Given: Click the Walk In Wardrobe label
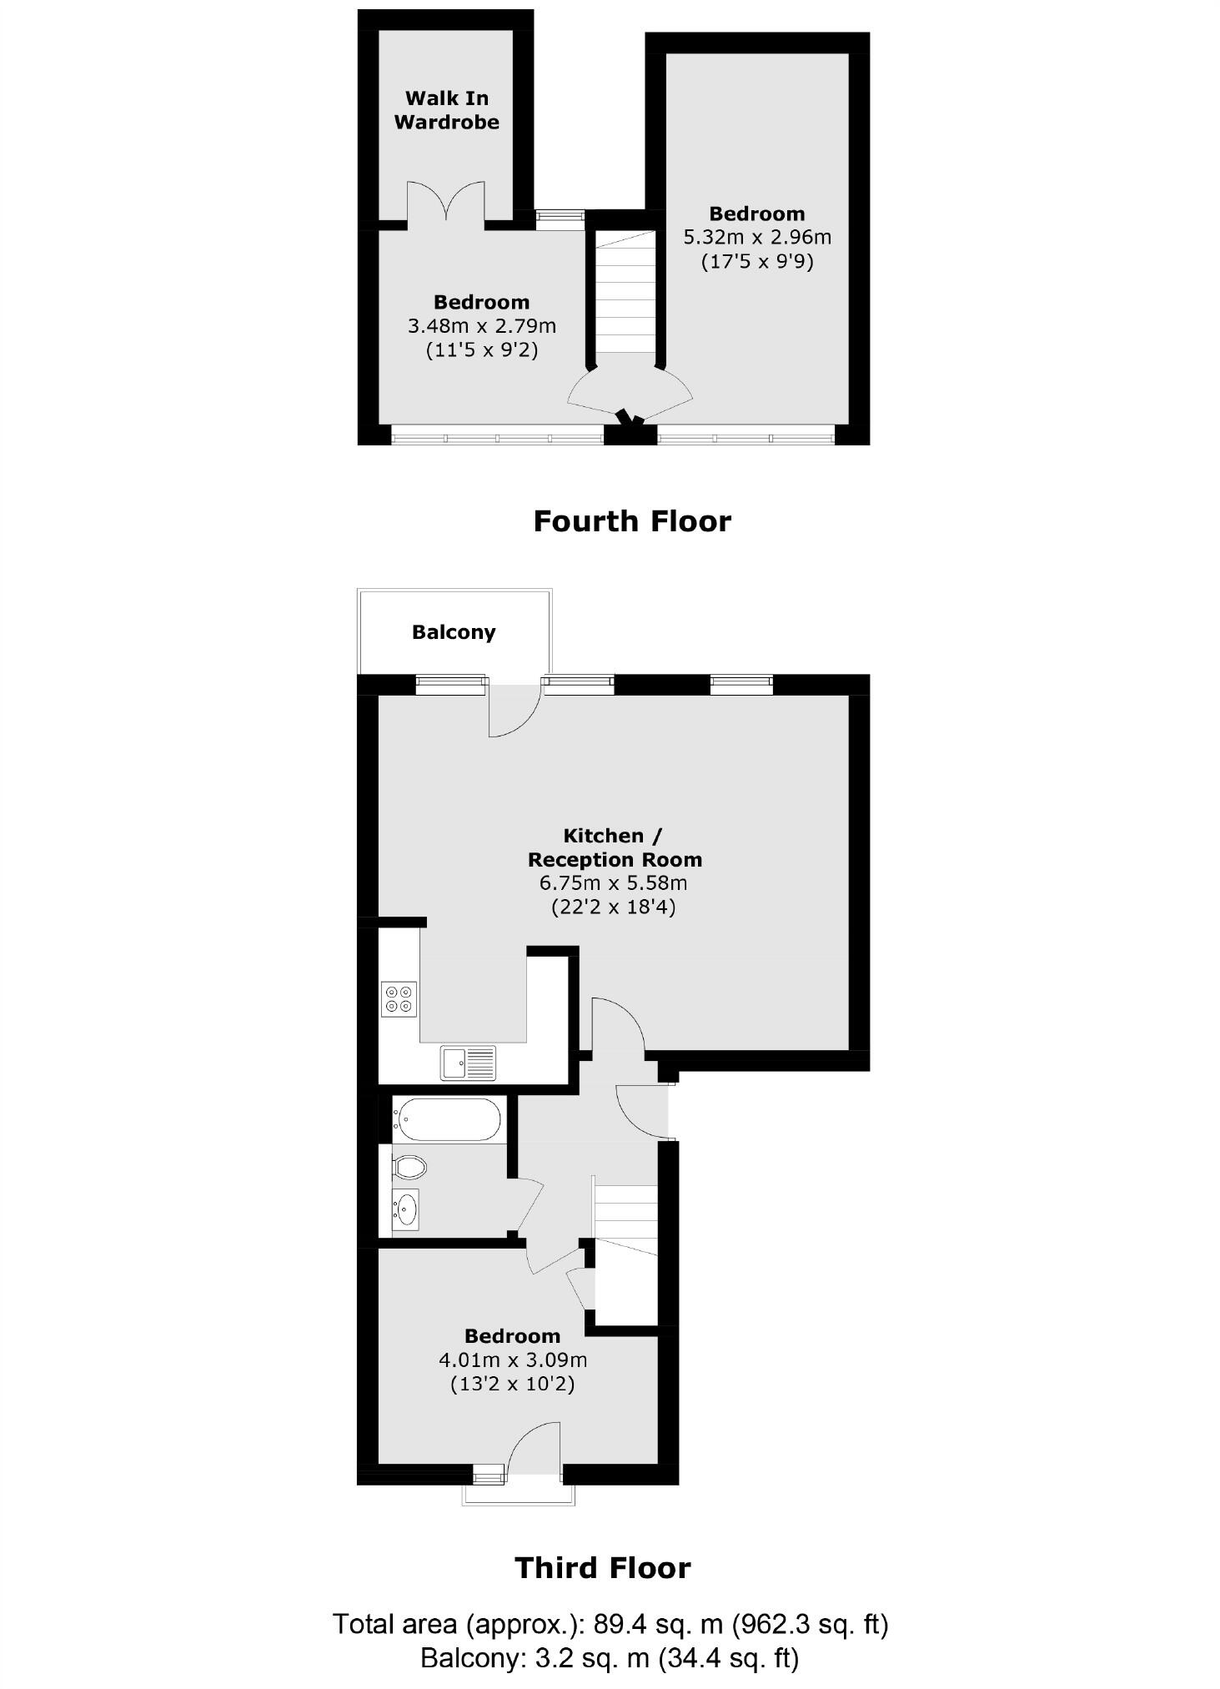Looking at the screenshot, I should click(446, 110).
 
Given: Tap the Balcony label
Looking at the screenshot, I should click(454, 632).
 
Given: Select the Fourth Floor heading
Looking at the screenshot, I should click(632, 521).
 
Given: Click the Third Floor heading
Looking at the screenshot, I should click(603, 1568).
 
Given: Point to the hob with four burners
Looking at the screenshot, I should click(399, 999).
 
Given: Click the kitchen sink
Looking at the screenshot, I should click(468, 1063).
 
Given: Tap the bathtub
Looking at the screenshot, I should click(449, 1119).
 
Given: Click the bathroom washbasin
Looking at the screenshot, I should click(406, 1208).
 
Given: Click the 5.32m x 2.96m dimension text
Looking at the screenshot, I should click(757, 238).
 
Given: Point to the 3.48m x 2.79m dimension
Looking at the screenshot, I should click(481, 326).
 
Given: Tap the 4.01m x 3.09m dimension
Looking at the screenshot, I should click(513, 1360).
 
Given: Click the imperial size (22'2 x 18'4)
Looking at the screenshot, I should click(614, 907).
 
